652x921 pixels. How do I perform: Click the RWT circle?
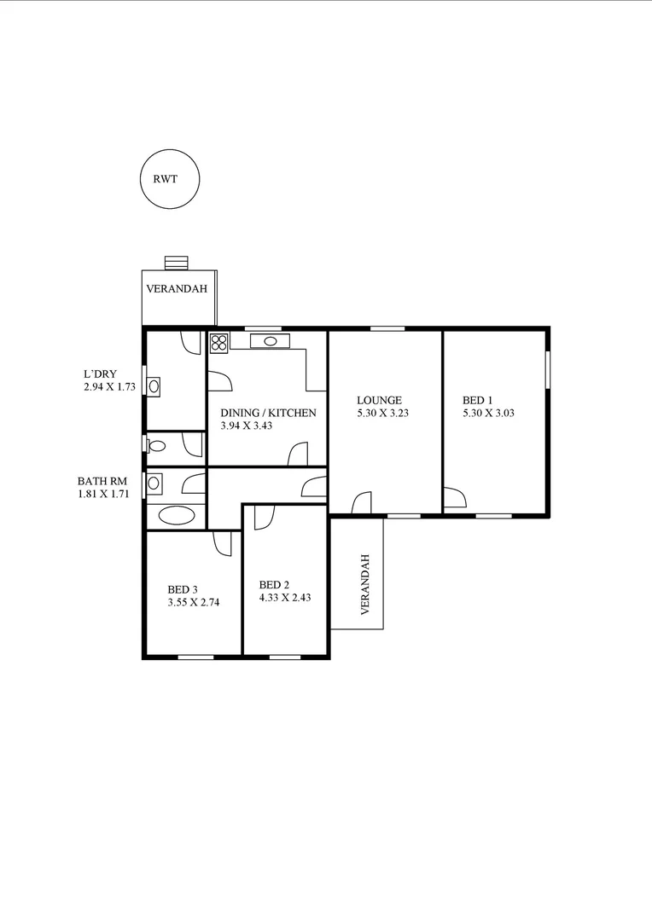coord(170,180)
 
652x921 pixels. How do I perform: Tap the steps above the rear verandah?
coord(177,262)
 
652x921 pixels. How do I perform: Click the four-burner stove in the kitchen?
coord(218,343)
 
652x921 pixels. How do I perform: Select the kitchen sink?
coord(270,341)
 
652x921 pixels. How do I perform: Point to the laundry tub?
coord(154,385)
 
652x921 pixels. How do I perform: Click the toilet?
coord(157,445)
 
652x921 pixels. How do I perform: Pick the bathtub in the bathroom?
coord(176,515)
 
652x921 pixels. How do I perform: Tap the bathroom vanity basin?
coord(154,483)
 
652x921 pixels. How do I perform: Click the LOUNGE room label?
coord(379,400)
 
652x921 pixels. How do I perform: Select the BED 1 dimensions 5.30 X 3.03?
coord(488,413)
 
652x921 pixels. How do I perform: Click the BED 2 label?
coord(274,585)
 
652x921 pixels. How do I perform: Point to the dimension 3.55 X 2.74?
coord(194,602)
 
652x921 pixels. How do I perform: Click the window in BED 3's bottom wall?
coord(195,657)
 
